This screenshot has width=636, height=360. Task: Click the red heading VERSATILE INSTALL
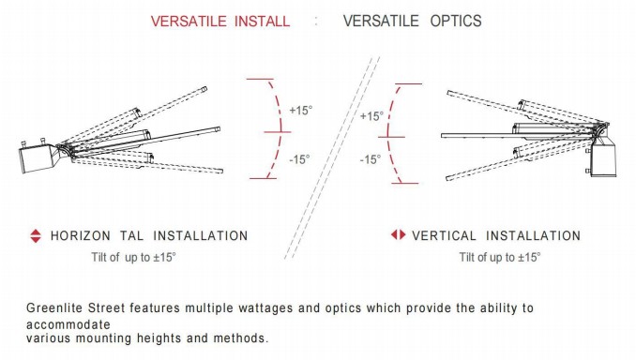220,21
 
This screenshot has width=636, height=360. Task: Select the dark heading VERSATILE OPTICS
412,21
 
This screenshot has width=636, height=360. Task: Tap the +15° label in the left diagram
300,111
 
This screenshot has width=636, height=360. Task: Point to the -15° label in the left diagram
299,159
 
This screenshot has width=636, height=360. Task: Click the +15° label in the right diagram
371,116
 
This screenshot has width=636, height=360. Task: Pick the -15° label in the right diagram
371,159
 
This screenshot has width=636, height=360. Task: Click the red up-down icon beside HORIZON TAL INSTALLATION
36,236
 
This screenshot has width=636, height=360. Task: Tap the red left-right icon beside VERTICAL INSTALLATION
398,234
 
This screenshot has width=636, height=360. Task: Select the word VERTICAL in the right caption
444,235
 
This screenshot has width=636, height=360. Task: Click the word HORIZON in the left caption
81,235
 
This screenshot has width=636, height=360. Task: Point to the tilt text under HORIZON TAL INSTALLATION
133,257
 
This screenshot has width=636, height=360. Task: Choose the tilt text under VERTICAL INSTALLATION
500,257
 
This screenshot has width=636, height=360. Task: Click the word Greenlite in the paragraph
54,308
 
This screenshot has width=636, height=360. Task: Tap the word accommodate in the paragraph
68,324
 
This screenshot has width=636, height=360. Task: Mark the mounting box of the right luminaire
603,160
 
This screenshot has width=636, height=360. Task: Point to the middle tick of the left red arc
278,132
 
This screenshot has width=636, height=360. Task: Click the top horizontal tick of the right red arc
408,84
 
